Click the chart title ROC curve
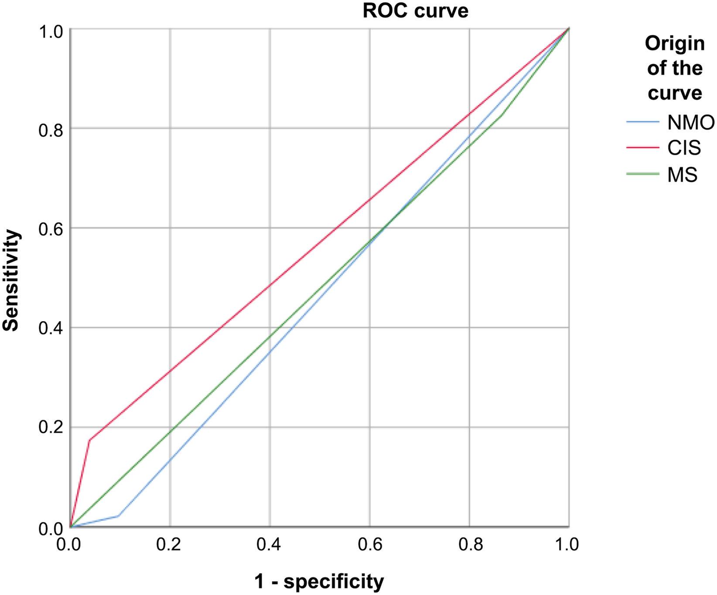[415, 10]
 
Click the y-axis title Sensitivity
[11, 280]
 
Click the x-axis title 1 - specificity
[319, 581]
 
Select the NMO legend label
[690, 123]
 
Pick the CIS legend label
[684, 148]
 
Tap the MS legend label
[682, 174]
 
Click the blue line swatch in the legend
[643, 123]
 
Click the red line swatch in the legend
[643, 148]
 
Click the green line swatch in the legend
[643, 174]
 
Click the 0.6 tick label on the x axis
[369, 544]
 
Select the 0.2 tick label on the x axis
[170, 544]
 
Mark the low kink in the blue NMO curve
[118, 516]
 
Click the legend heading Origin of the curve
[674, 68]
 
